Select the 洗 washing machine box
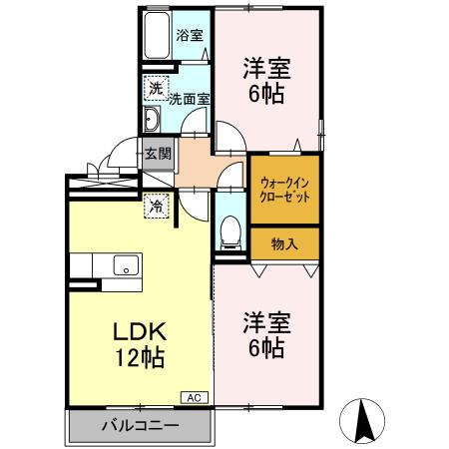click(155, 88)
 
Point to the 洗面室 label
click(188, 99)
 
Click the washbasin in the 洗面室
click(152, 122)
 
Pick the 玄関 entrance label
click(157, 154)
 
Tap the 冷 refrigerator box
click(157, 207)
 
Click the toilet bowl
click(230, 232)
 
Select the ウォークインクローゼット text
click(284, 190)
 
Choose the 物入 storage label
click(284, 242)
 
